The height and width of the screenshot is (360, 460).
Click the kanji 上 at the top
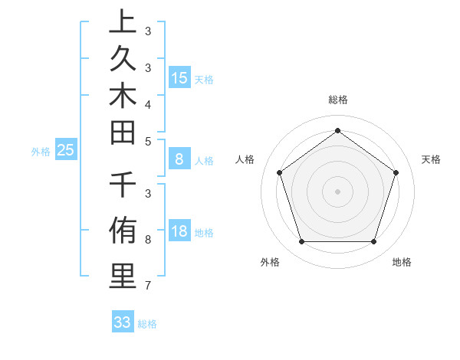(123, 24)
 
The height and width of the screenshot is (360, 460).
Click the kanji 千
(123, 186)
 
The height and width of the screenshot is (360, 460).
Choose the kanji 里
(123, 276)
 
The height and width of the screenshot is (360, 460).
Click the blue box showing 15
(179, 77)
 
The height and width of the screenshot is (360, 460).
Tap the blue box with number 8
(179, 159)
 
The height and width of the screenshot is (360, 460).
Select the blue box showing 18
(179, 232)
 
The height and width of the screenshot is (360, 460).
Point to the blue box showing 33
(123, 322)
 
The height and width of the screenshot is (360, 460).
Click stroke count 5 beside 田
(147, 142)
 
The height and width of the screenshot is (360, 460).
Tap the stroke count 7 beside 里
(147, 286)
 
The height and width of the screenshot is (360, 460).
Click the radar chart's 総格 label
(337, 100)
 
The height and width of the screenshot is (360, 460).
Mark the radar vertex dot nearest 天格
(396, 172)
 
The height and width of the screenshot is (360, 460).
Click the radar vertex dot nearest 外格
(301, 242)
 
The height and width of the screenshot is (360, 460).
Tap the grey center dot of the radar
(337, 191)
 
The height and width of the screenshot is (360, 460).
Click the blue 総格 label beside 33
(148, 324)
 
